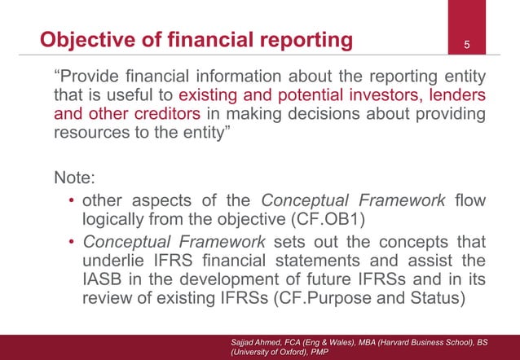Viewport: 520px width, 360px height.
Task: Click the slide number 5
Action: [467, 43]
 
